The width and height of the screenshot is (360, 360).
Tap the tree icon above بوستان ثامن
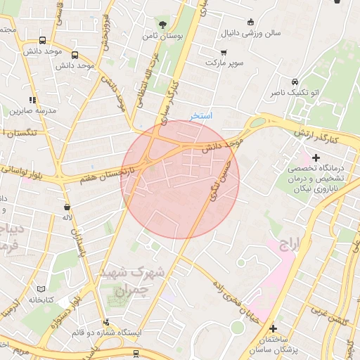pyautogui.click(x=164, y=22)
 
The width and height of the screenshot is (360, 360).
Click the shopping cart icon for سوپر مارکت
pyautogui.click(x=224, y=51)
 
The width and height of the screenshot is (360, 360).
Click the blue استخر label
pyautogui.click(x=200, y=115)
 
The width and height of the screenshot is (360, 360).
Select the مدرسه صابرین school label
pyautogui.click(x=27, y=111)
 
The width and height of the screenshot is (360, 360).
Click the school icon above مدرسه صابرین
pyautogui.click(x=32, y=100)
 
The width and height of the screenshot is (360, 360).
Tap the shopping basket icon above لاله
pyautogui.click(x=67, y=207)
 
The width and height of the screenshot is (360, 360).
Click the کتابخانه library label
pyautogui.click(x=41, y=300)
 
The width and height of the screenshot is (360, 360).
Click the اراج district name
pyautogui.click(x=289, y=243)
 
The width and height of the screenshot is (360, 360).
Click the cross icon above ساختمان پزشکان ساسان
pyautogui.click(x=274, y=328)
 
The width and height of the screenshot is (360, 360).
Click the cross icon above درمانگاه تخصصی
pyautogui.click(x=316, y=157)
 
